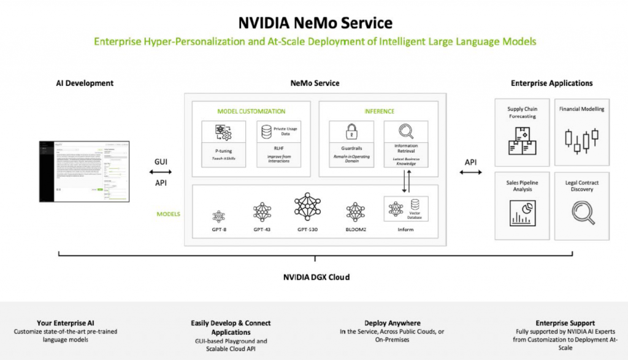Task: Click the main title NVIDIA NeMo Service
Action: click(315, 23)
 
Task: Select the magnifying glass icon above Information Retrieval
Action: click(405, 132)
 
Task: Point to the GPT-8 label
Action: click(219, 229)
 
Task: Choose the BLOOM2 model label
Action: click(356, 229)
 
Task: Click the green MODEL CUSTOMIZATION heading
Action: click(251, 111)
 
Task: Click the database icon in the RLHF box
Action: click(266, 132)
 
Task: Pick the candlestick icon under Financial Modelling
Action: click(581, 140)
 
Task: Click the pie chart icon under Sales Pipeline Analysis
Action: click(521, 213)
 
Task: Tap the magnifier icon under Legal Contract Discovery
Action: click(581, 212)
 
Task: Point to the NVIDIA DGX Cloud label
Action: click(316, 277)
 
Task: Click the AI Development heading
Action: click(85, 83)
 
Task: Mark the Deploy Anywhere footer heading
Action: click(392, 323)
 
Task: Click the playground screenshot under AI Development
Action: click(85, 172)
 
